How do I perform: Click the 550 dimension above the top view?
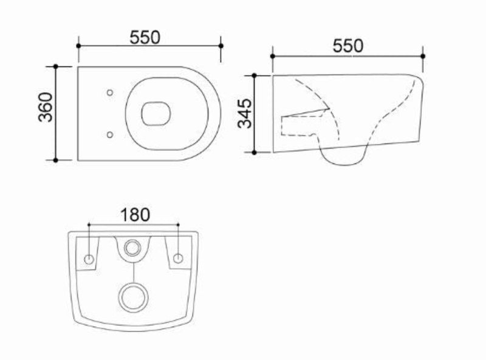point(145,37)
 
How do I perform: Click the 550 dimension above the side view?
point(348,46)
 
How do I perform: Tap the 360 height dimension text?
point(45,107)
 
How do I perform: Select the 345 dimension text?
point(245,113)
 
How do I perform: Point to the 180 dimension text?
point(135,215)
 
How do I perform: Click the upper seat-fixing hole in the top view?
point(110,93)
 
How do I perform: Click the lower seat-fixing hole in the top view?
point(110,135)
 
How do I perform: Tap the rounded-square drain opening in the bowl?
point(156,114)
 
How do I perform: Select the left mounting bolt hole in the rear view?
point(89,259)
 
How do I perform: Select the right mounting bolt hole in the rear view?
point(178,258)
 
